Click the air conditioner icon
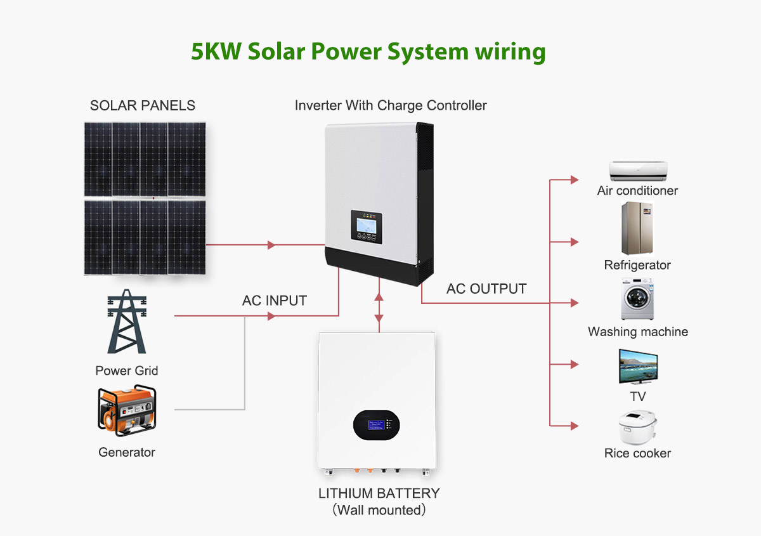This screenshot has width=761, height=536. click(638, 169)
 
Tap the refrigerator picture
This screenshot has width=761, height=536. click(637, 228)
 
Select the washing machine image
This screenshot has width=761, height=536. click(637, 299)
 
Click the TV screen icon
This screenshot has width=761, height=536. click(638, 366)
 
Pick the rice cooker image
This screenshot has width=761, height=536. click(637, 428)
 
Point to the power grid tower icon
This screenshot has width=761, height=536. click(127, 322)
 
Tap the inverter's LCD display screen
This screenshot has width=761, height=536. click(367, 222)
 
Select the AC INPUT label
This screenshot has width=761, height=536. click(275, 301)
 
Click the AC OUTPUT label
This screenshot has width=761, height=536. click(486, 289)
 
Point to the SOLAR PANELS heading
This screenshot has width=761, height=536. click(143, 105)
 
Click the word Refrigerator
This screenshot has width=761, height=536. click(637, 265)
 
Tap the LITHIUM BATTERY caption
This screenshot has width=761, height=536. click(379, 494)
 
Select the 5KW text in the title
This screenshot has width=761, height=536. click(216, 51)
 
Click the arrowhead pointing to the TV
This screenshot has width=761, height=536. click(575, 364)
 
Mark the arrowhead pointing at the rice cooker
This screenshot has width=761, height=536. click(575, 426)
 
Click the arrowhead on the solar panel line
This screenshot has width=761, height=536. click(271, 245)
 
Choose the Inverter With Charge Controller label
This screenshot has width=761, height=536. click(391, 105)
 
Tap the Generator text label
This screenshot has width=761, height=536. click(127, 452)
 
